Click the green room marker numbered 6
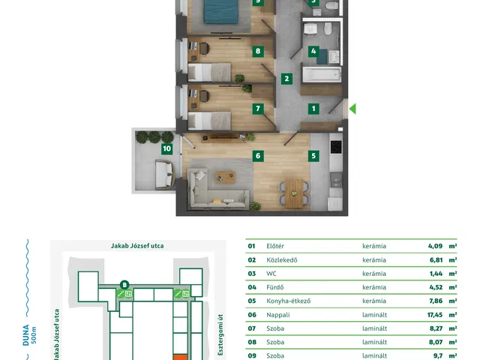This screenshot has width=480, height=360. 258,156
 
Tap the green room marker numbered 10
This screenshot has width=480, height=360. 166,148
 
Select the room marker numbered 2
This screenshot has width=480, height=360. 286,79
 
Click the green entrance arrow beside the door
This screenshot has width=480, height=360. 352,109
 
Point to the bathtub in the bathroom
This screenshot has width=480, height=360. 322,75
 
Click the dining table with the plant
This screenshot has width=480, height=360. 294,193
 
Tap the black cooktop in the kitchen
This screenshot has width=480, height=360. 336,147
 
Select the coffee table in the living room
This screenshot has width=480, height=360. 226,177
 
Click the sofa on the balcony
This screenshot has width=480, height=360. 165,174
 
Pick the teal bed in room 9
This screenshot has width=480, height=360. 221,12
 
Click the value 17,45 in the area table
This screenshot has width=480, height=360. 435,315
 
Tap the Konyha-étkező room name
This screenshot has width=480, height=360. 288,301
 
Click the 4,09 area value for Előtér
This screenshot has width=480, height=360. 435,246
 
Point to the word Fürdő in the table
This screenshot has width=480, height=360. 275,287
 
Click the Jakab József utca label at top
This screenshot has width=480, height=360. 137,246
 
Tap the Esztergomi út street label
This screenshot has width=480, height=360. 220,335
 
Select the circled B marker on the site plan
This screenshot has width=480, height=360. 124,285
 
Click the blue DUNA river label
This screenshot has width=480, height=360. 26,335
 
